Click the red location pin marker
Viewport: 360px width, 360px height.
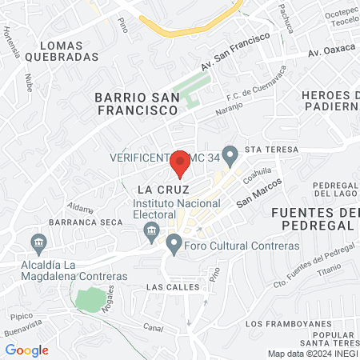click(181, 162)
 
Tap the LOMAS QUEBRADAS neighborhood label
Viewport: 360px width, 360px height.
click(62, 51)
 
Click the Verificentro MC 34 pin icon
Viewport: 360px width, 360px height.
click(231, 154)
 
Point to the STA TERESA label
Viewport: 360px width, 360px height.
click(271, 150)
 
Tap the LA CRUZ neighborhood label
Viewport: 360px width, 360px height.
click(162, 190)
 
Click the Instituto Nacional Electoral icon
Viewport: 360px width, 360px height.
click(150, 231)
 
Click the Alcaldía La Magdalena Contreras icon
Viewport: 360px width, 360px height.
click(38, 242)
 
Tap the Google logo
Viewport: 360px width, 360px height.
click(26, 350)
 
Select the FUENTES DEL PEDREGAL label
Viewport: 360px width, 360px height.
click(314, 218)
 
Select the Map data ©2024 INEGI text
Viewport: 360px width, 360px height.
click(312, 354)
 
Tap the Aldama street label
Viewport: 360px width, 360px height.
click(82, 205)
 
